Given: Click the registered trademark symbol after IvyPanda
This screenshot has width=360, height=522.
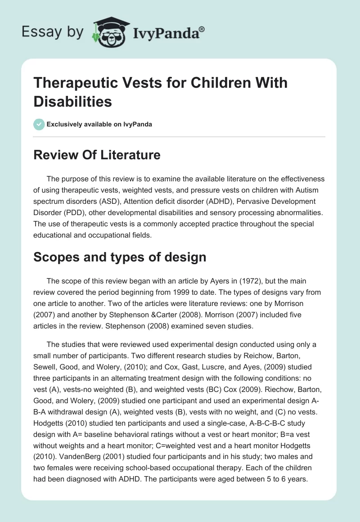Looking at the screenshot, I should tap(202, 29).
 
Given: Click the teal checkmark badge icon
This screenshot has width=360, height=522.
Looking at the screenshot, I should tap(39, 124).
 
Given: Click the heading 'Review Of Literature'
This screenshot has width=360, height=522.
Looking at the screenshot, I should tap(97, 155).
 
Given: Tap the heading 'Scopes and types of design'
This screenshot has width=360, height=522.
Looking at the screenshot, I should tap(120, 257).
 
